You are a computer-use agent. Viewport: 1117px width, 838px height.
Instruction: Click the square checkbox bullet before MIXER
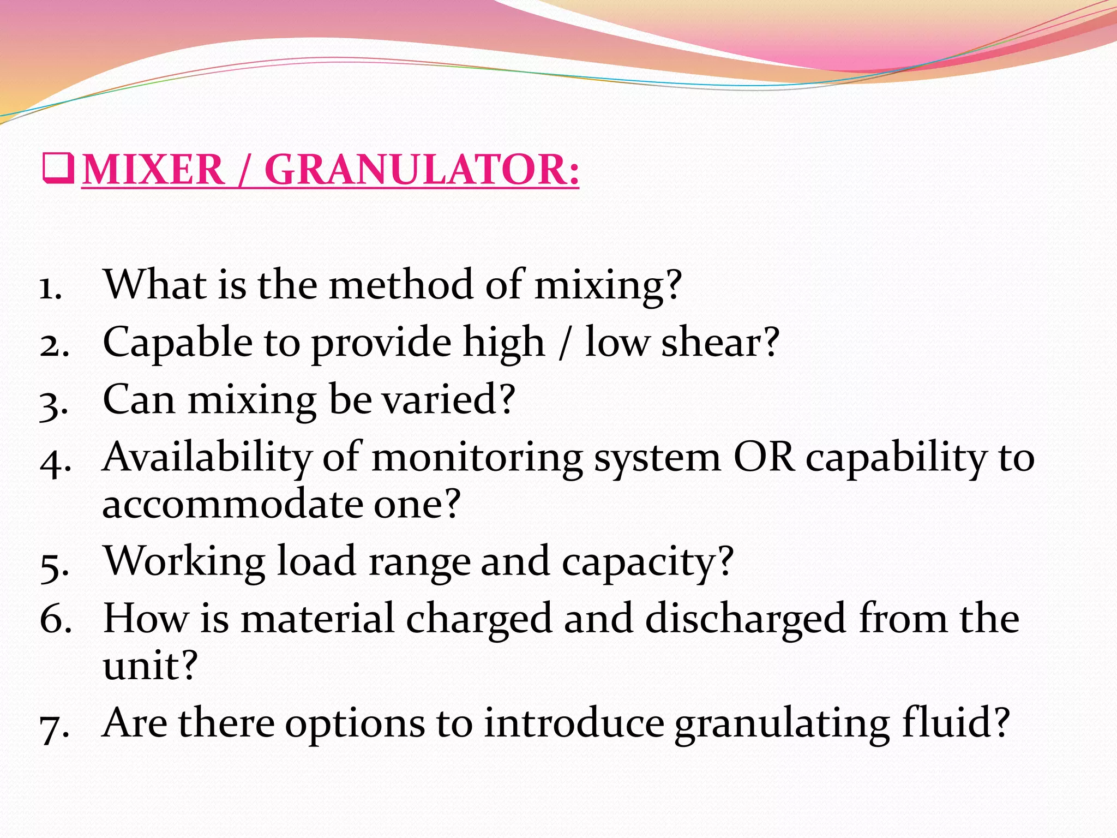click(57, 169)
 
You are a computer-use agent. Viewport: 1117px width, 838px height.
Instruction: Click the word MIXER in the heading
click(153, 170)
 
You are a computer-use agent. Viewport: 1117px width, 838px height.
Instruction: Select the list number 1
click(50, 288)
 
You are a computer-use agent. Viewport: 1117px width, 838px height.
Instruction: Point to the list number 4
click(55, 460)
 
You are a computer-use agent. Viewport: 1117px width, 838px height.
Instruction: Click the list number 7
click(55, 726)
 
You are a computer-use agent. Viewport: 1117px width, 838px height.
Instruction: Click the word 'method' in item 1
click(401, 285)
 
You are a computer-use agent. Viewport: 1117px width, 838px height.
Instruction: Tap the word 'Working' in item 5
click(184, 562)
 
